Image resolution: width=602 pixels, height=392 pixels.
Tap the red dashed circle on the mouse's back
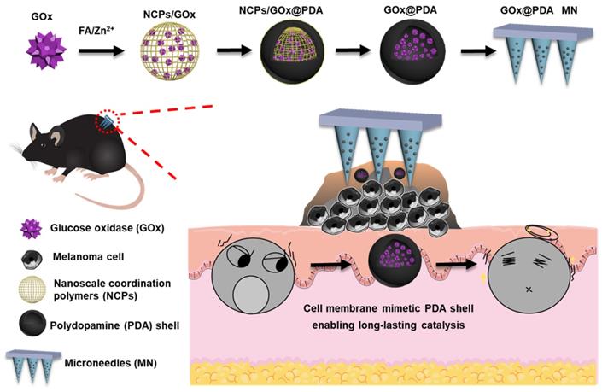pyautogui.click(x=109, y=123)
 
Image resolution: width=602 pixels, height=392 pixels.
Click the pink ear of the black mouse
pyautogui.click(x=56, y=134)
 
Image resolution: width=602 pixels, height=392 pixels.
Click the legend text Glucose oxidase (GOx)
pyautogui.click(x=108, y=228)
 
